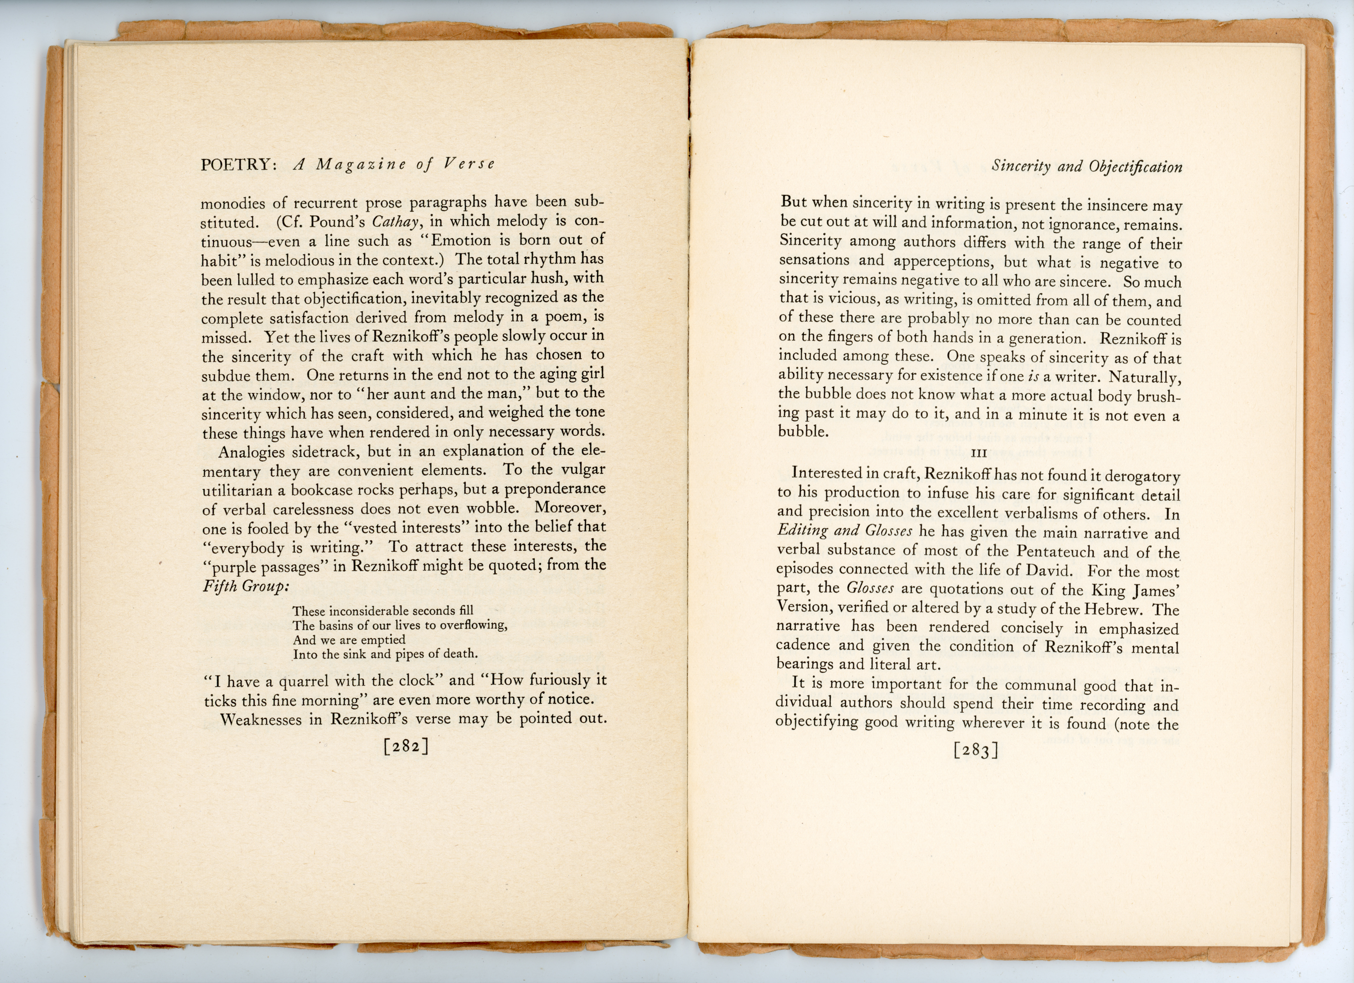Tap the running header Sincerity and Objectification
click(1086, 166)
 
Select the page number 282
click(406, 747)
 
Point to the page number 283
click(975, 750)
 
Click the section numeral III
click(979, 453)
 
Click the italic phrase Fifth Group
click(246, 586)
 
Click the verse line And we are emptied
click(348, 640)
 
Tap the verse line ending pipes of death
click(385, 654)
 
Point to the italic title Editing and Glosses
click(844, 531)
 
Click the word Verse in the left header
click(469, 164)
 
